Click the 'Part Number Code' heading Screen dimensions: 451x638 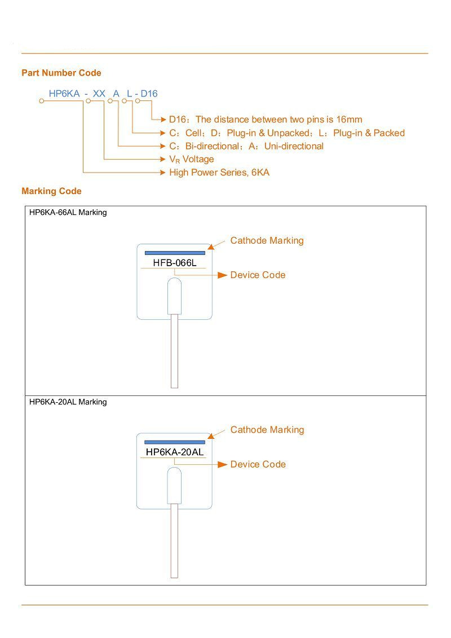(x=61, y=73)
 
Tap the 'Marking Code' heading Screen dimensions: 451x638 (x=52, y=191)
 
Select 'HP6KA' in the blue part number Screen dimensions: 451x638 (x=64, y=94)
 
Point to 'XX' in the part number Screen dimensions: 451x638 (x=99, y=94)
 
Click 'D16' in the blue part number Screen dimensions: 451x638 (x=149, y=94)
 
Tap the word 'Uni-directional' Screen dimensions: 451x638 (x=294, y=146)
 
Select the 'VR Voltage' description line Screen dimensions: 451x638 (x=192, y=159)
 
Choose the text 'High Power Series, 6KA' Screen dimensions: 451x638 (x=219, y=173)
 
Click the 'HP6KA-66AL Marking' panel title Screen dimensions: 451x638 (x=68, y=213)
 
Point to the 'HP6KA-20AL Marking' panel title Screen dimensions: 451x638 (x=68, y=402)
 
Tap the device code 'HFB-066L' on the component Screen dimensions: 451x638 (x=174, y=263)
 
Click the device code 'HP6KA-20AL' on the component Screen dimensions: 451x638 (x=174, y=452)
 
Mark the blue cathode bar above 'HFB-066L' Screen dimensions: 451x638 (x=175, y=253)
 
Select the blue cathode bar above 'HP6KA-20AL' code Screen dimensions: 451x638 (x=175, y=442)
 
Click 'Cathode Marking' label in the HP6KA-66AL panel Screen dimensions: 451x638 (x=267, y=240)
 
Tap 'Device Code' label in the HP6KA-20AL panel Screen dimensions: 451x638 (x=258, y=464)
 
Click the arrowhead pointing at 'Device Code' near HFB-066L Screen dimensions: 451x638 (x=222, y=275)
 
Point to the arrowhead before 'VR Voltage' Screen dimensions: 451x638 (x=163, y=159)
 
